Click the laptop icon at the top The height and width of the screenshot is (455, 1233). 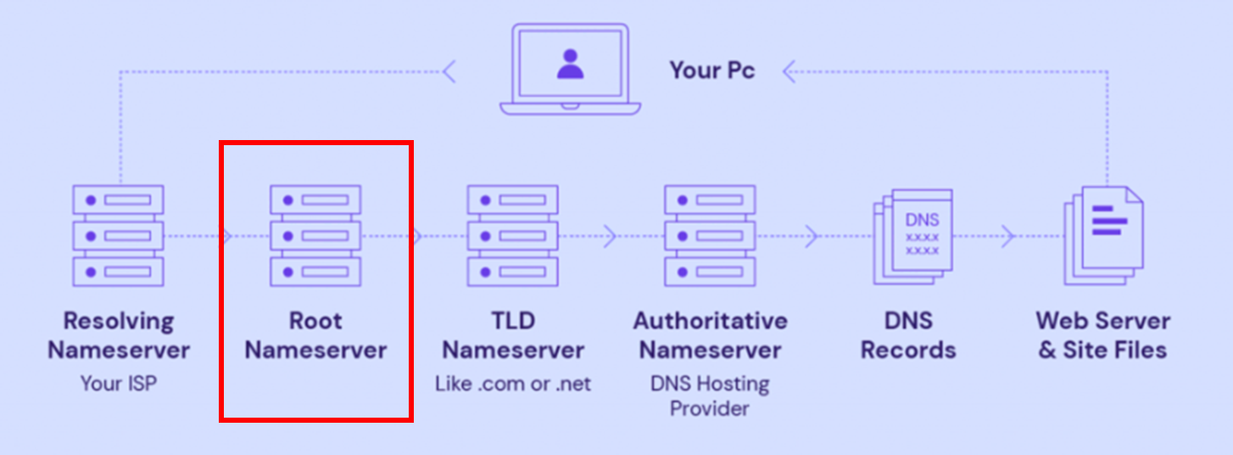point(570,70)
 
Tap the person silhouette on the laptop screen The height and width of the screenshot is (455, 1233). point(570,64)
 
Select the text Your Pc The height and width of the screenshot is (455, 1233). point(712,70)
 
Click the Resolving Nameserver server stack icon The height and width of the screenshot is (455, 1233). point(118,235)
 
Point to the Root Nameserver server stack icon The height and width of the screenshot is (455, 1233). point(315,235)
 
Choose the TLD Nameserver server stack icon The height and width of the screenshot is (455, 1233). point(512,235)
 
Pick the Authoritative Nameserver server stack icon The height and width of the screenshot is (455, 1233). point(709,235)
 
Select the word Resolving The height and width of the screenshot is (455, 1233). point(118,321)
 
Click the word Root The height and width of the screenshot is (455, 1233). point(315,321)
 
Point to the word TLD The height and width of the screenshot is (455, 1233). point(512,321)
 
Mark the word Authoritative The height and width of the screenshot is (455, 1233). point(710,321)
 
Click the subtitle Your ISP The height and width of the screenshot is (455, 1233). point(119,383)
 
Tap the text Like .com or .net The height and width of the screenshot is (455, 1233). point(513,383)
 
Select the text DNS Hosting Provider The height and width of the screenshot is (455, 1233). point(710,396)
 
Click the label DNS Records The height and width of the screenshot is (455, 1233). point(908,335)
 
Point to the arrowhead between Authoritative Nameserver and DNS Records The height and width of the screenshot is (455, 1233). point(812,235)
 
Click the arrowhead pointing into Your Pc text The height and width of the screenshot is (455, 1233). point(789,71)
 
